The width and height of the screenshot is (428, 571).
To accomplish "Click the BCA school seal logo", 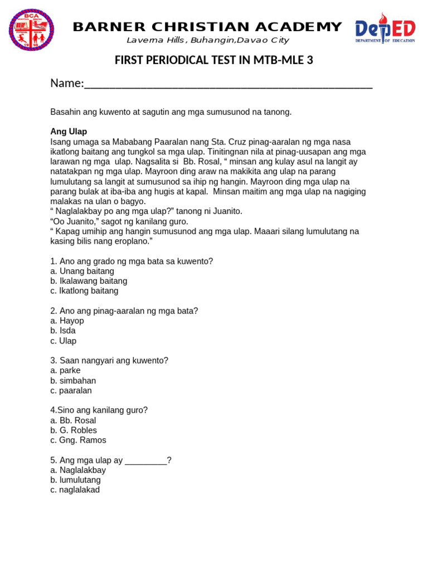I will [31, 30].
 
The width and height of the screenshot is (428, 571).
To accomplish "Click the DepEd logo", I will [385, 30].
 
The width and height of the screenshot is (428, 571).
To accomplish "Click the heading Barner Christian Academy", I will [207, 26].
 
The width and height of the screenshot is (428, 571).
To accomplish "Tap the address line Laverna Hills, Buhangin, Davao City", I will [207, 40].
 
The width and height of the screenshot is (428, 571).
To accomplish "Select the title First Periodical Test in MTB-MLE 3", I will [214, 60].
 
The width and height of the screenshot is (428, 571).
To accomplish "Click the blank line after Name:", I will [228, 85].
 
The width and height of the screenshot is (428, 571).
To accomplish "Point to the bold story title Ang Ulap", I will [69, 132].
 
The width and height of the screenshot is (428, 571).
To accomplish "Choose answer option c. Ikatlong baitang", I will [84, 291].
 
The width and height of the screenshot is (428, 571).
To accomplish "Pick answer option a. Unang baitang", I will [82, 271].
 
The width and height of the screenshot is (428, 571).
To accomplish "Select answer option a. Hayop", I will [67, 321].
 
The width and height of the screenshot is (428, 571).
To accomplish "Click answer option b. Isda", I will [63, 331].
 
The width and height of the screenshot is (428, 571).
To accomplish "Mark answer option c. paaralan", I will [71, 390].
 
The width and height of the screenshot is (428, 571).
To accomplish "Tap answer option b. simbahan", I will [73, 380].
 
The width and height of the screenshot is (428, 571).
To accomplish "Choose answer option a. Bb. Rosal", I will [73, 420].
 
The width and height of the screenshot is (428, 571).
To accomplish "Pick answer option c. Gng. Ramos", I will [78, 440].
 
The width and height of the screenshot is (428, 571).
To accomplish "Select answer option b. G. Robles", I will [74, 430].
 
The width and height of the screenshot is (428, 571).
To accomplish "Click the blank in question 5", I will [145, 461].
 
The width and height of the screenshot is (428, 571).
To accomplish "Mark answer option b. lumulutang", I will [75, 480].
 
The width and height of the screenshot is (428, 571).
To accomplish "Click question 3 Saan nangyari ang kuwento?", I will [109, 360].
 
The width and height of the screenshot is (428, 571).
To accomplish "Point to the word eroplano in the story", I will [132, 241].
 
